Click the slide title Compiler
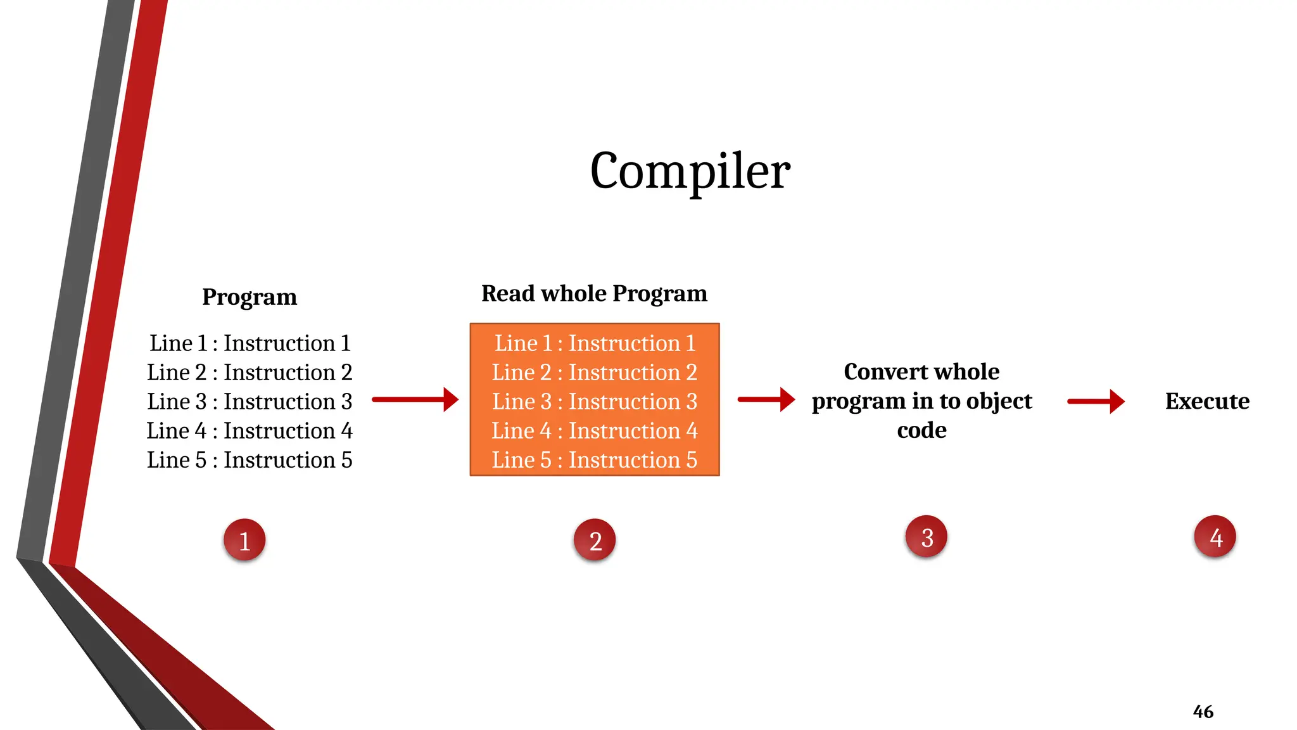pyautogui.click(x=690, y=171)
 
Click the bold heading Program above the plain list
pyautogui.click(x=250, y=297)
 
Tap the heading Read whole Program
pyautogui.click(x=594, y=293)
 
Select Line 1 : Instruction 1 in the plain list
pyautogui.click(x=250, y=343)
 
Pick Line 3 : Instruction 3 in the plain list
pyautogui.click(x=250, y=401)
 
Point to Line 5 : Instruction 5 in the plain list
pyautogui.click(x=250, y=459)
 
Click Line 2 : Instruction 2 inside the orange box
pyautogui.click(x=595, y=372)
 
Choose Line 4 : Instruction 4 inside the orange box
pyautogui.click(x=595, y=430)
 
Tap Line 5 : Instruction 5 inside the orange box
pyautogui.click(x=595, y=459)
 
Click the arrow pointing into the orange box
pyautogui.click(x=415, y=399)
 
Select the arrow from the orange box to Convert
pyautogui.click(x=766, y=399)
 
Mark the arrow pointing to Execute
pyautogui.click(x=1096, y=401)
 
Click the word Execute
pyautogui.click(x=1207, y=401)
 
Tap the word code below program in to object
pyautogui.click(x=921, y=430)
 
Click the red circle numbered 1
pyautogui.click(x=244, y=540)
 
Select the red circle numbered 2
pyautogui.click(x=595, y=540)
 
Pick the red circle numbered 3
pyautogui.click(x=927, y=537)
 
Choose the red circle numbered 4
pyautogui.click(x=1215, y=537)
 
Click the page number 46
pyautogui.click(x=1203, y=712)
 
